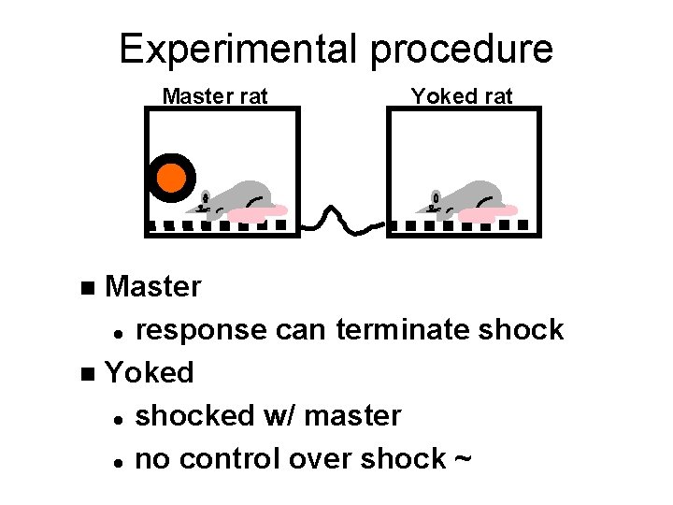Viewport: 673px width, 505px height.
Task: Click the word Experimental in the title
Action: coord(239,49)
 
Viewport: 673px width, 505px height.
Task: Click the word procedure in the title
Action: coord(461,49)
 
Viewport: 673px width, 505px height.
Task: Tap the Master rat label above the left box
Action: coord(215,96)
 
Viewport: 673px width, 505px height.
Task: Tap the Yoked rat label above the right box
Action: coord(462,96)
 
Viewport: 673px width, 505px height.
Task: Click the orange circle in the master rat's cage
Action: coord(171,178)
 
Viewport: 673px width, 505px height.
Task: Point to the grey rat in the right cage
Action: coord(467,199)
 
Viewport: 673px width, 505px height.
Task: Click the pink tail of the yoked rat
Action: coord(490,214)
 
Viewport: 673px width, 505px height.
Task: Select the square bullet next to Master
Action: coord(88,287)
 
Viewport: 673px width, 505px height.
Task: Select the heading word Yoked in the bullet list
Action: coord(150,372)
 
